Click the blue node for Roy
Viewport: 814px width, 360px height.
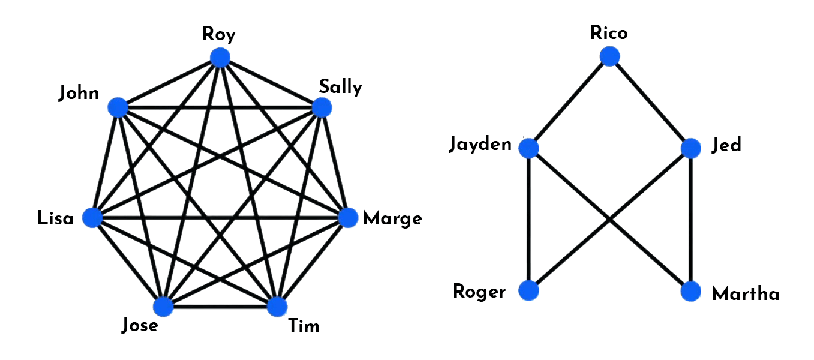point(220,58)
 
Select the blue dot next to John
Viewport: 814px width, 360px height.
point(118,108)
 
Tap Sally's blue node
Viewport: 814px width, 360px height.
point(322,107)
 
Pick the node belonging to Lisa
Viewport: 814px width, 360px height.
point(92,218)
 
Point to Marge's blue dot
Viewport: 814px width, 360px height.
point(348,218)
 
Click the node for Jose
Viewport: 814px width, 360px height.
point(163,306)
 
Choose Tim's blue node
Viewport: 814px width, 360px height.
point(277,306)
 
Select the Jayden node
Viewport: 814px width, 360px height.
point(528,148)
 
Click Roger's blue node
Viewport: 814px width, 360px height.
point(528,290)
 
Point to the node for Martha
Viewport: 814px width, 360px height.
point(691,291)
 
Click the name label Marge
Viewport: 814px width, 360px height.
point(392,219)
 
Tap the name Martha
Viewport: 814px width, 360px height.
point(746,294)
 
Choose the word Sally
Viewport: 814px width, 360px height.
point(340,88)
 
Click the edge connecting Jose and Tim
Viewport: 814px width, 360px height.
point(220,307)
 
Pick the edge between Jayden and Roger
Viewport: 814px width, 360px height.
point(528,219)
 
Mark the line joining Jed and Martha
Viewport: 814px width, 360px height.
point(691,220)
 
